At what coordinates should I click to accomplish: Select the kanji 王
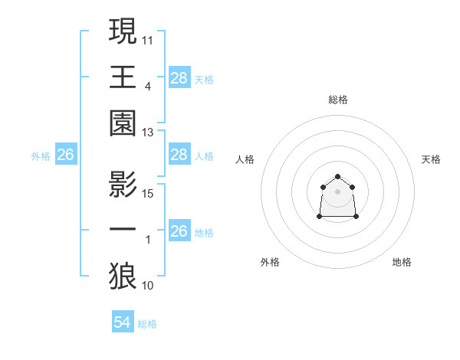pos(123,77)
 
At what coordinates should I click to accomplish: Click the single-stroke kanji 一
pos(123,231)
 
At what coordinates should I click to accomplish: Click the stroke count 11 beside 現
pos(147,39)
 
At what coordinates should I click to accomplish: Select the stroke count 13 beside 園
pos(147,132)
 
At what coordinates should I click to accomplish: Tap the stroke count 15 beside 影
pos(147,193)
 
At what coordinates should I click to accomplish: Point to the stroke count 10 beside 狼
pos(147,286)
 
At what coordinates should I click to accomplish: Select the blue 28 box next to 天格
pos(179,77)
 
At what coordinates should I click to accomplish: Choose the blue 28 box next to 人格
pos(179,155)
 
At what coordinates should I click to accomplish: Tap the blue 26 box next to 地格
pos(179,231)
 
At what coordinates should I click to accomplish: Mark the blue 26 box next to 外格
pos(65,155)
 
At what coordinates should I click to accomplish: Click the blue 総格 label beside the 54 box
pos(147,324)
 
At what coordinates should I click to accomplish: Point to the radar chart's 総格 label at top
pos(338,100)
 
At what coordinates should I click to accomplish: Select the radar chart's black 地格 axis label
pos(402,262)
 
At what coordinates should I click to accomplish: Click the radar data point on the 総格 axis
pos(337,177)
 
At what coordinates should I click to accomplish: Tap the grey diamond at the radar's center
pos(337,191)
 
